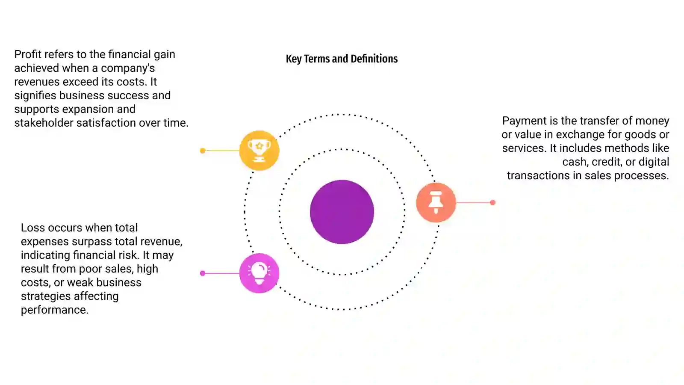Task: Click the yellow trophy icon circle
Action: tap(259, 150)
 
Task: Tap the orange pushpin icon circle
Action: tap(436, 202)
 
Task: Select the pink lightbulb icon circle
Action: tap(259, 273)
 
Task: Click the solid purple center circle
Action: tap(342, 212)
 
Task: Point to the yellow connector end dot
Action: tap(203, 151)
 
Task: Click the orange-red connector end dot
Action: tap(492, 203)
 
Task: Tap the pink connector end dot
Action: tap(203, 273)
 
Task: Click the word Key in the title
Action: tap(294, 59)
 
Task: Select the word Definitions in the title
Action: tap(374, 59)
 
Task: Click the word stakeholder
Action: tap(44, 123)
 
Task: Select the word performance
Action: tap(55, 310)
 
